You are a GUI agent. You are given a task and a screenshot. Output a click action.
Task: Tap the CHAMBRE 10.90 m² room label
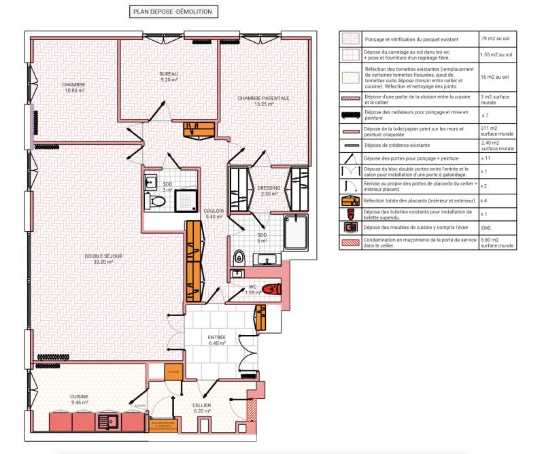(x=73, y=87)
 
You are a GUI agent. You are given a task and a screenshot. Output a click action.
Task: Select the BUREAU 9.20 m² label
(x=169, y=77)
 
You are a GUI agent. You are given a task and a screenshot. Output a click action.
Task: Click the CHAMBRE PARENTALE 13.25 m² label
(x=263, y=101)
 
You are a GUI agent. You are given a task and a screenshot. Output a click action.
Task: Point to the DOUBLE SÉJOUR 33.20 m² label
(x=103, y=259)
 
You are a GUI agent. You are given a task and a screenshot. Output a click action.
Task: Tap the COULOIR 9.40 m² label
(x=214, y=213)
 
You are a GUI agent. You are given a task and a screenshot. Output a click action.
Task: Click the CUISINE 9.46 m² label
(x=80, y=400)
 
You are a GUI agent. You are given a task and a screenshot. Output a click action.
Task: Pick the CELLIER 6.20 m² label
(x=202, y=408)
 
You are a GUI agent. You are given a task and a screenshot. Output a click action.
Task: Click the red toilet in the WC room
(x=271, y=289)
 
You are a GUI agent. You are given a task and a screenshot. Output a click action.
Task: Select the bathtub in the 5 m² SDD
(x=295, y=232)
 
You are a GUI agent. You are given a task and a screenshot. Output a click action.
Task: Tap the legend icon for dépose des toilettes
(x=350, y=213)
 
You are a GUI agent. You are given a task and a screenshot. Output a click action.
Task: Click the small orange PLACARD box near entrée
(x=173, y=372)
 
